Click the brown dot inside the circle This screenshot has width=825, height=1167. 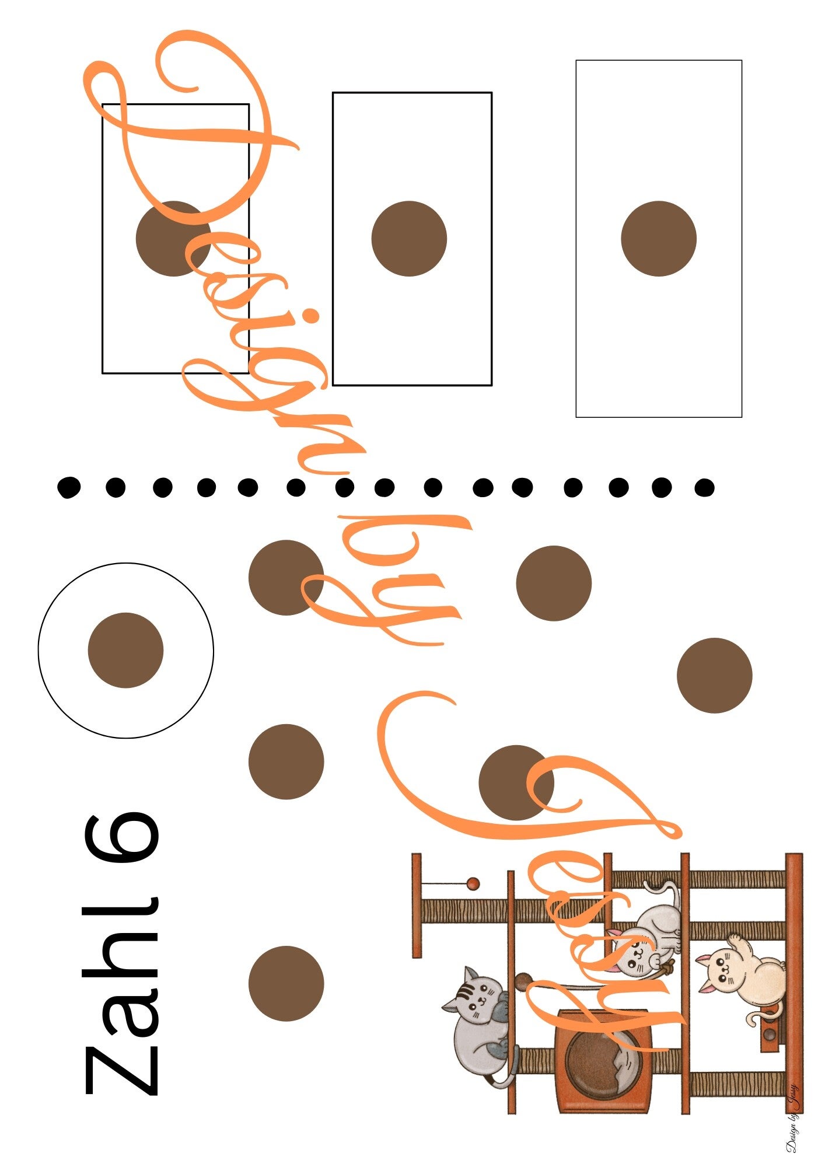[125, 650]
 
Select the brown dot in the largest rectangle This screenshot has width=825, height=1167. [659, 239]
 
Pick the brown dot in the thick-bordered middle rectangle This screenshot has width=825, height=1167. [409, 239]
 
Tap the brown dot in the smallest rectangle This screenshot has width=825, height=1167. [173, 239]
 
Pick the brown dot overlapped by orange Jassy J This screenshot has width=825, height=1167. [516, 782]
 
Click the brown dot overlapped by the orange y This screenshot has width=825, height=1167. [286, 577]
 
